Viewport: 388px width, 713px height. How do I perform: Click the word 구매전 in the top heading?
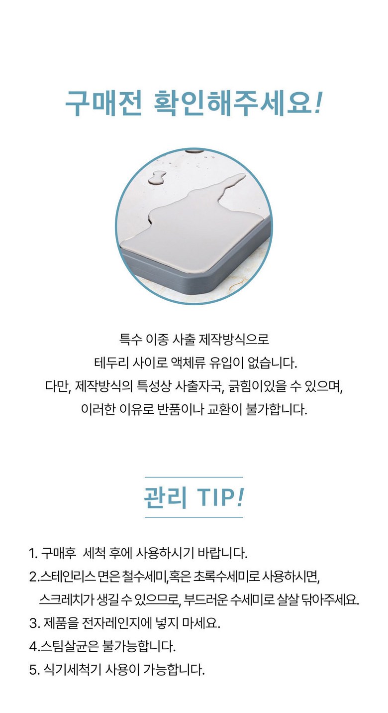click(103, 104)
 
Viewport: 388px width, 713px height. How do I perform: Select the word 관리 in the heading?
click(165, 497)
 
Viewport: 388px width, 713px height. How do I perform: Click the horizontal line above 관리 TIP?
click(194, 477)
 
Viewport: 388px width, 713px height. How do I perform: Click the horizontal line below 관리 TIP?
click(194, 517)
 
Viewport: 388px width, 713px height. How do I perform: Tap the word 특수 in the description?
click(130, 339)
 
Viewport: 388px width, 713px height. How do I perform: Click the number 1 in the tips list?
click(32, 553)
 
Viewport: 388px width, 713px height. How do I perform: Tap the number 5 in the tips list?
click(33, 670)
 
